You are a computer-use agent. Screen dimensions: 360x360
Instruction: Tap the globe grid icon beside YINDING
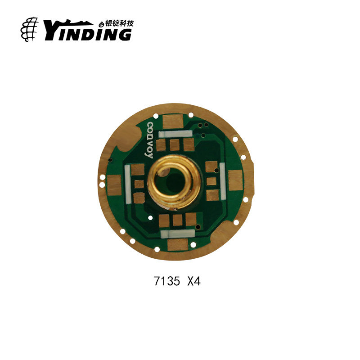pyautogui.click(x=29, y=29)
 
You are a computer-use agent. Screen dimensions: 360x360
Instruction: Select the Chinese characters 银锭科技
pyautogui.click(x=119, y=23)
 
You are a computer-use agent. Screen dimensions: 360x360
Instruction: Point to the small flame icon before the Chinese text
pyautogui.click(x=102, y=24)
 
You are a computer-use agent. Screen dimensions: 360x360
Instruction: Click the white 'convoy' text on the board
pyautogui.click(x=149, y=140)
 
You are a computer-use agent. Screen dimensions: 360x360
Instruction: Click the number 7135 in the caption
pyautogui.click(x=167, y=281)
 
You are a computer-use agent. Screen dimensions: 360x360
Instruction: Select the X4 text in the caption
pyautogui.click(x=194, y=281)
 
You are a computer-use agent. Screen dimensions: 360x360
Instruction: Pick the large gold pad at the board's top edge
pyautogui.click(x=173, y=121)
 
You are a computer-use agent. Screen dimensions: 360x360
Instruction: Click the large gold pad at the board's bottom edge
pyautogui.click(x=178, y=244)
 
